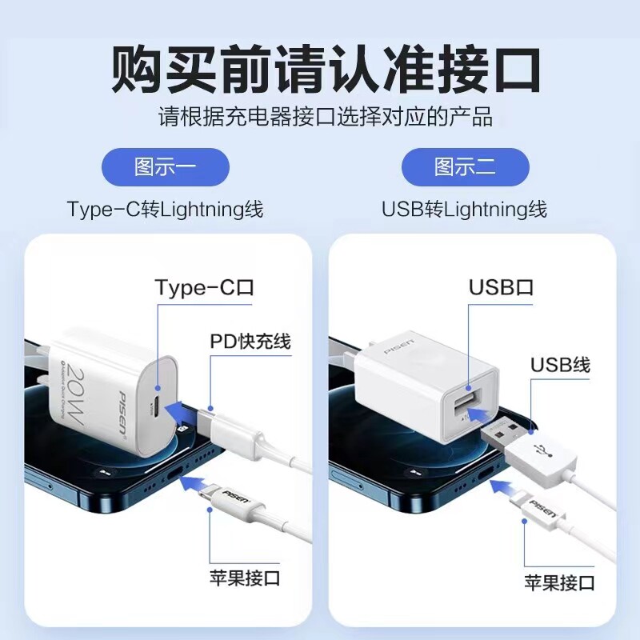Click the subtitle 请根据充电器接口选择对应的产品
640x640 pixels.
(325, 117)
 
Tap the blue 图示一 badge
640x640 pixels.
(166, 167)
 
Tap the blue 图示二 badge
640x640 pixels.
(466, 167)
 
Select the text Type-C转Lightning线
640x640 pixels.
(166, 210)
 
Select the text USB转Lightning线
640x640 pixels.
(465, 210)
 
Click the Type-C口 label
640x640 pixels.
(204, 288)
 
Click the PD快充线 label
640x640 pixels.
(250, 342)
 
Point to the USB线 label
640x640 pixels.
(560, 366)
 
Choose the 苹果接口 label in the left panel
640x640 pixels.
(244, 578)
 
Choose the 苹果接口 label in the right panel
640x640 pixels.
(559, 582)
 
